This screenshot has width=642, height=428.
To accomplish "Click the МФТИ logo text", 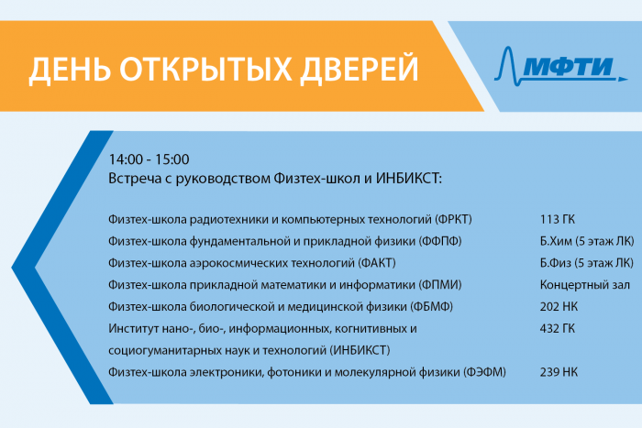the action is click(x=569, y=66).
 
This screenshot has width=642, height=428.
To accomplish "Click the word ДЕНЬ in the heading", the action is click(x=70, y=69).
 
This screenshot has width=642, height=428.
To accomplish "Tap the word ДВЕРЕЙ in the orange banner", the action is click(x=360, y=68).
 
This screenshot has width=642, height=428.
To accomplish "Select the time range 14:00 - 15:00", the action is click(x=149, y=159).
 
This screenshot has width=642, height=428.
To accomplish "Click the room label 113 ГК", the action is click(x=558, y=219).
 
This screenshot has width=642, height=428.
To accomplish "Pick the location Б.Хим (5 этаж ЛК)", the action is click(x=587, y=241).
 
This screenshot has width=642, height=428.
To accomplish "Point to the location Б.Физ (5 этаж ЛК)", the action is click(x=586, y=263).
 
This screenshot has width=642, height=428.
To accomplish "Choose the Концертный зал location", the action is click(x=585, y=285).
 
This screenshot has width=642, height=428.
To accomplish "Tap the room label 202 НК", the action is click(x=559, y=306).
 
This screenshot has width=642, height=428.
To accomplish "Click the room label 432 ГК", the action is click(x=558, y=328).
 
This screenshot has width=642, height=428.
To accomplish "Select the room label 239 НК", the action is click(x=559, y=372).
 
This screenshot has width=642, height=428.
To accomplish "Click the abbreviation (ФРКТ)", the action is click(x=453, y=219).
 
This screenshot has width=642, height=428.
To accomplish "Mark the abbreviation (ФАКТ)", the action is click(x=377, y=263).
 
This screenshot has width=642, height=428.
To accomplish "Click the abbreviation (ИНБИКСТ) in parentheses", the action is click(x=360, y=350).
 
